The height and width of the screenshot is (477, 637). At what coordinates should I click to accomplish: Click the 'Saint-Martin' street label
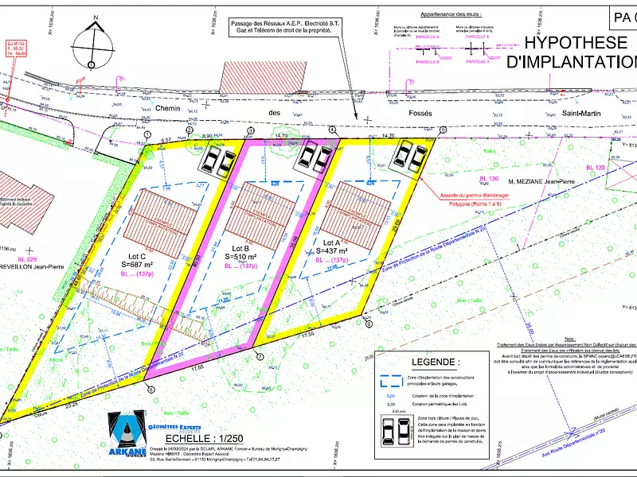[583, 113]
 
